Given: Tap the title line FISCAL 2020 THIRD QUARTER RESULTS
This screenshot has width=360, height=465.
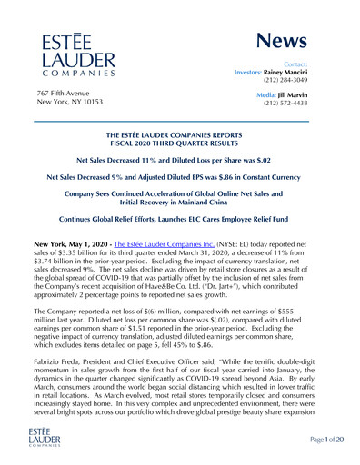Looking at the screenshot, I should (179, 149).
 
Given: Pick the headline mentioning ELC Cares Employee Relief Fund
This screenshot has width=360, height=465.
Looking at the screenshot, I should (179, 220).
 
